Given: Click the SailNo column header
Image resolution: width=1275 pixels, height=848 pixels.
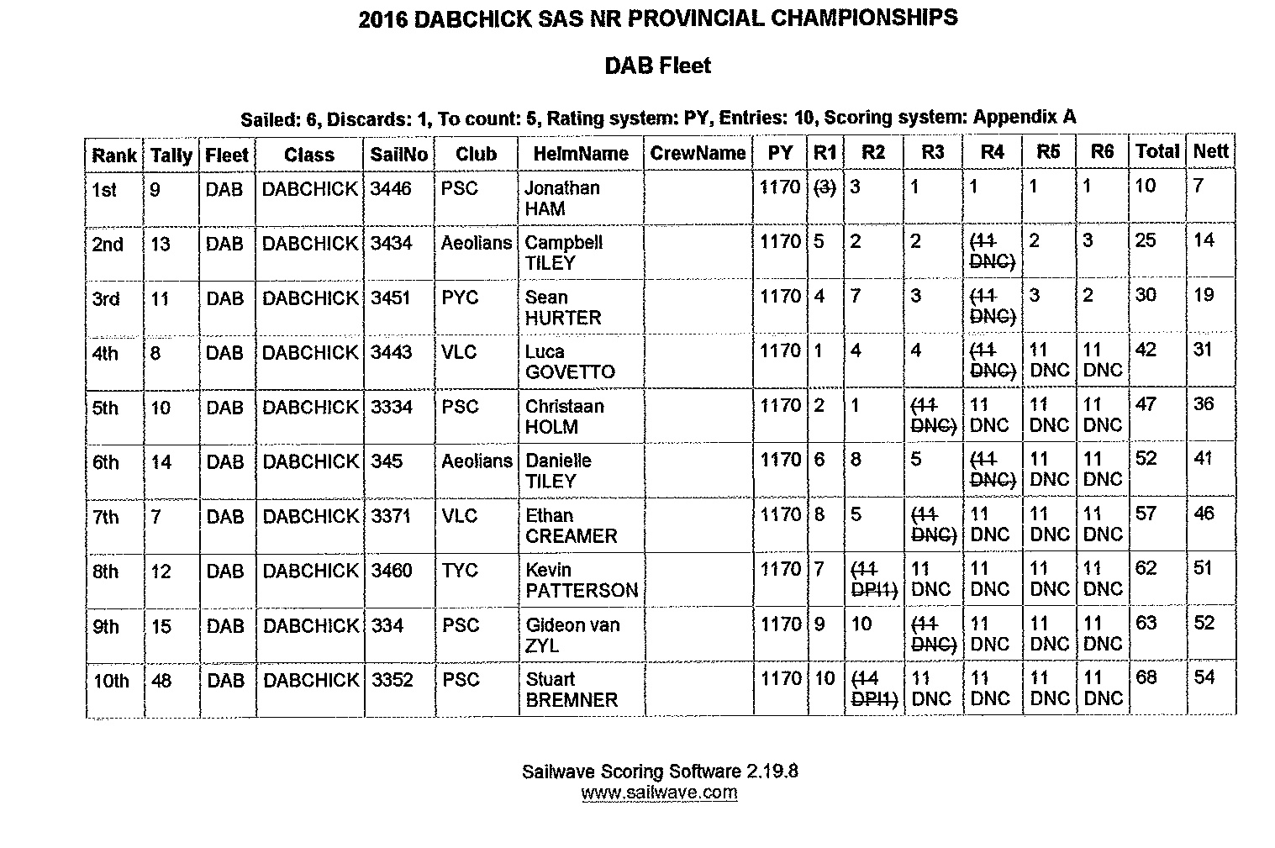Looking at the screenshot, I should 398,155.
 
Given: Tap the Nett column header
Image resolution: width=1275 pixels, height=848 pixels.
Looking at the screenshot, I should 1210,152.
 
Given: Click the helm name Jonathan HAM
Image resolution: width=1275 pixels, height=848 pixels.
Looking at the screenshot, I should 561,198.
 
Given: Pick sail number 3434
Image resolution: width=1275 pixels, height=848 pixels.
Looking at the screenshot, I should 392,244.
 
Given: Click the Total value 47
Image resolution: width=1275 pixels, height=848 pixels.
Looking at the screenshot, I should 1146,405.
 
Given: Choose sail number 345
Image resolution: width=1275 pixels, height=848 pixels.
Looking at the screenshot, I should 387,461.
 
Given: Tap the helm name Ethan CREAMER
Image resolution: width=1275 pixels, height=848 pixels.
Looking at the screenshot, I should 571,525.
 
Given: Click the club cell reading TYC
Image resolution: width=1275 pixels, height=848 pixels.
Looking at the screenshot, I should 460,571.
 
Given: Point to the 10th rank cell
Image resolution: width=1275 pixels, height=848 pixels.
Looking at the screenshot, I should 110,681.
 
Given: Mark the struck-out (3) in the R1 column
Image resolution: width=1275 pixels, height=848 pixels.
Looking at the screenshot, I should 825,188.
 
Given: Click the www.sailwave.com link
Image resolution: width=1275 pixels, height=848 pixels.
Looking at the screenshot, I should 659,793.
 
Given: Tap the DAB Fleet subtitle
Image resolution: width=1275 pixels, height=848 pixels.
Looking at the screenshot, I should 657,66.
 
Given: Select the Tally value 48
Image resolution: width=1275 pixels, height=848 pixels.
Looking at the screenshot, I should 161,680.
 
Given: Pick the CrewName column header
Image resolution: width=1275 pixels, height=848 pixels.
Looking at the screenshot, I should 697,154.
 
